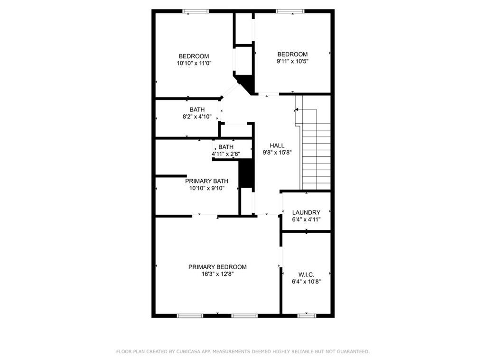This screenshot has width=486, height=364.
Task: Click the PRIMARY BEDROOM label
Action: coord(217,267)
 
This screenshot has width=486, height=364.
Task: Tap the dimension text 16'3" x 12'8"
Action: coord(217,274)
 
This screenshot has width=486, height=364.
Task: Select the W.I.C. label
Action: coord(306,274)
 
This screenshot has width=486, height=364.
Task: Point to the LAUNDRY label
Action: coord(306,212)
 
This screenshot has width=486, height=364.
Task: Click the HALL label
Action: coord(277,146)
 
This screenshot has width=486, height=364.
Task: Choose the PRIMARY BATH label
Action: coord(206,181)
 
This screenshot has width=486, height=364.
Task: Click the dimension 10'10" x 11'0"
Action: coord(194,63)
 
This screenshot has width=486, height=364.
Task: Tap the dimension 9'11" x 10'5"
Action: coord(292,61)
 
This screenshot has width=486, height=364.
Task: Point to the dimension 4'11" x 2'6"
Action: coord(226,154)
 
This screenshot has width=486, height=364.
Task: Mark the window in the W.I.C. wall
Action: coord(307,315)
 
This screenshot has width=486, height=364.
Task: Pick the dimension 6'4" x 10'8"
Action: coord(306,282)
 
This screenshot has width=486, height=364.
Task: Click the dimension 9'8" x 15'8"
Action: coord(277,153)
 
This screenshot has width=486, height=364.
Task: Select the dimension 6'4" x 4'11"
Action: coord(306,219)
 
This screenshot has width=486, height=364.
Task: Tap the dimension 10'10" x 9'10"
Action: coord(206,188)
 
